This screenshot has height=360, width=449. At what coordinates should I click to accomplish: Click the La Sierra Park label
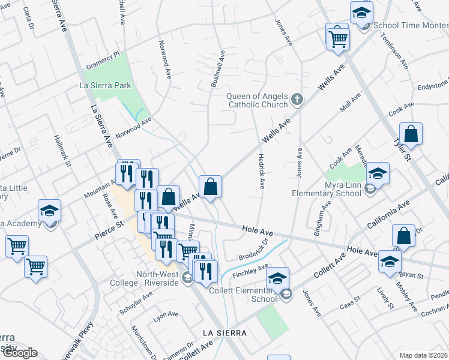105,86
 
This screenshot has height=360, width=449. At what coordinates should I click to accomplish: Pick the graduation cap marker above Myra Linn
378,173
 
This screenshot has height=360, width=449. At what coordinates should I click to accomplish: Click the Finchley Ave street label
254,272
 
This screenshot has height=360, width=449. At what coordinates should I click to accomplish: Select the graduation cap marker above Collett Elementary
278,278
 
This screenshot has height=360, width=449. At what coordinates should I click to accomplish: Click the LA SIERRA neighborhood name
224,332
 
